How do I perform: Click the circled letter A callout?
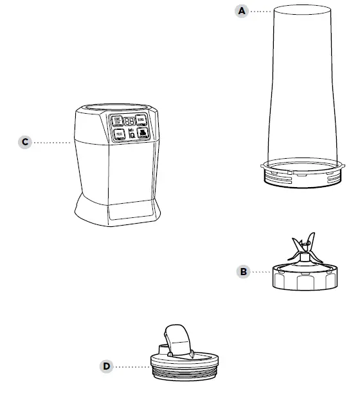[242, 11]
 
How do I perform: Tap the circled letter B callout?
[244, 272]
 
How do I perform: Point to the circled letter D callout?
[107, 366]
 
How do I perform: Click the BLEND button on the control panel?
[140, 120]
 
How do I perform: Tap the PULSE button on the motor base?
[119, 135]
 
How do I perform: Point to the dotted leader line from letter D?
[132, 366]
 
